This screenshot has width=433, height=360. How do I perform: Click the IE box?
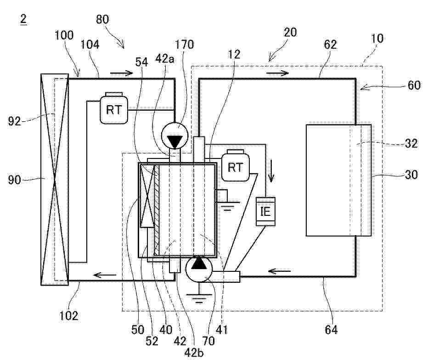pyautogui.click(x=265, y=211)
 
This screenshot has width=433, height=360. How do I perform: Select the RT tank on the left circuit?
pyautogui.click(x=113, y=110)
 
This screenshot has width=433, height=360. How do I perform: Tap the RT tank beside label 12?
pyautogui.click(x=235, y=167)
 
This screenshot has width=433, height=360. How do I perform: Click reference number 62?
pyautogui.click(x=330, y=45)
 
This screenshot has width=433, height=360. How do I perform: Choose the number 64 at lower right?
pyautogui.click(x=331, y=329)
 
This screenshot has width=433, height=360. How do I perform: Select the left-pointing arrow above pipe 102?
pyautogui.click(x=103, y=275)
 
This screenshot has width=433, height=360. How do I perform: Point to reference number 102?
pyautogui.click(x=69, y=315)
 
